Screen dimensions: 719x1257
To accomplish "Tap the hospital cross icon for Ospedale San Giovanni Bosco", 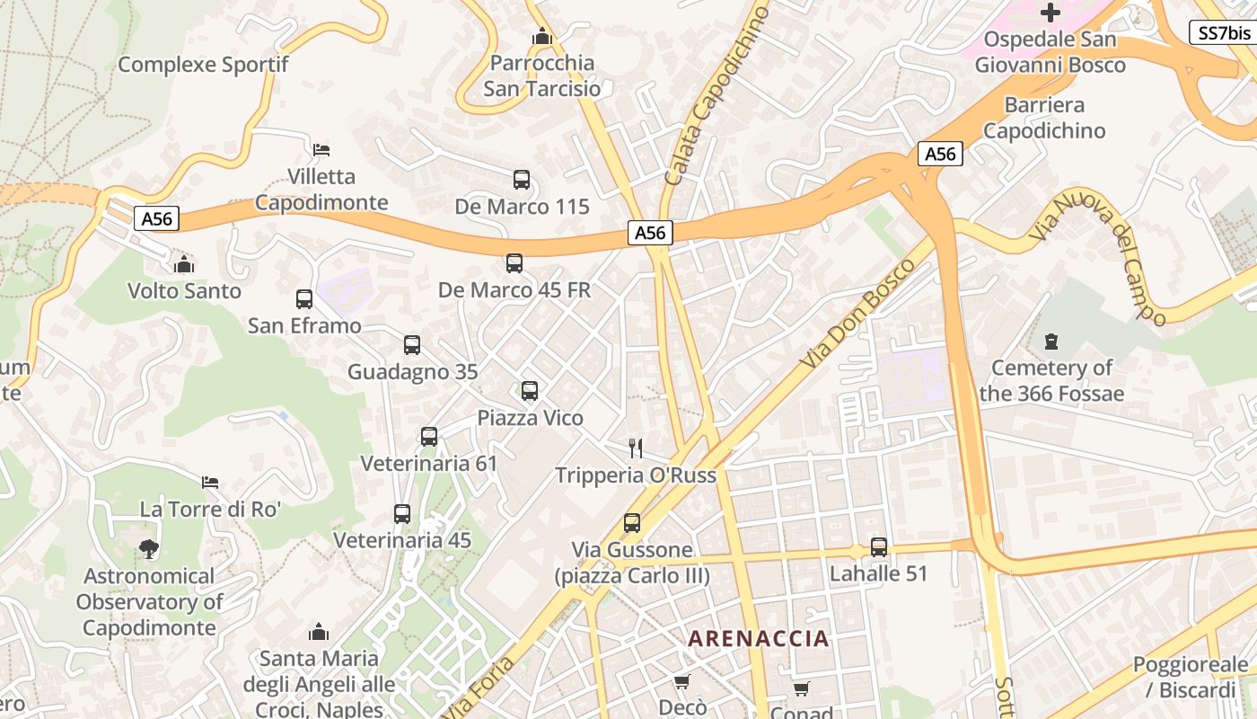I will pos(1050,13).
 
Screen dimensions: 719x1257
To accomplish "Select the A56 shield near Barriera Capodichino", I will pos(940,154).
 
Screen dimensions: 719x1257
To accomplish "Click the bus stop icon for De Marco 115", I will pos(522,180).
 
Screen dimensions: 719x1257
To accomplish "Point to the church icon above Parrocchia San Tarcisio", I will pos(541,37).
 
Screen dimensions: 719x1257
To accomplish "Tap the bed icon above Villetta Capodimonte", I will pos(321,149).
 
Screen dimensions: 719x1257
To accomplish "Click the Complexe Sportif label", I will pos(203,65).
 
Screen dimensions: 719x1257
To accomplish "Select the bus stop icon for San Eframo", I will pos(304,299).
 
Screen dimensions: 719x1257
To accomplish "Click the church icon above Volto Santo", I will pos(184,264).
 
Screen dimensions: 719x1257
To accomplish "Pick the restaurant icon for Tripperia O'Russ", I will pos(636,448).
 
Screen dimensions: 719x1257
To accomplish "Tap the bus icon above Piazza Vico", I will pos(530,391).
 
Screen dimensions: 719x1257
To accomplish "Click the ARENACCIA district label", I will pos(759,639).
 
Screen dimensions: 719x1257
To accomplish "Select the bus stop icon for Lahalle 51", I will pos(879,546).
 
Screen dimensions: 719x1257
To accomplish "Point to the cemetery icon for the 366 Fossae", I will pos(1051,342).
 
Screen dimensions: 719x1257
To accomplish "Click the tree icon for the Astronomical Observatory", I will pos(149,548).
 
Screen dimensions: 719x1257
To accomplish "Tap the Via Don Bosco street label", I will pos(859,313).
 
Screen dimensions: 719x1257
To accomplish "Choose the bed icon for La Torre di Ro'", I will pos(210,483).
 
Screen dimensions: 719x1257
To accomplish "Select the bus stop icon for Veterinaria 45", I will pos(402,514).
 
